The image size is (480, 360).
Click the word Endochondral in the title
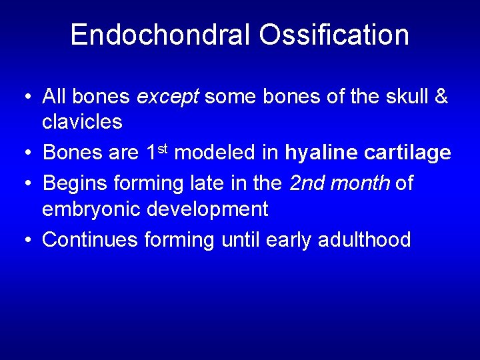pos(160,35)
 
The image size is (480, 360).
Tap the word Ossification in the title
pos(334,35)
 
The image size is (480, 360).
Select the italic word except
pos(167,97)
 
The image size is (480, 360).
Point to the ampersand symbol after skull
pos(441,97)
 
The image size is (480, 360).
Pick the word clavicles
pos(82,121)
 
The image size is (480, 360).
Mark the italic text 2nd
pos(309,183)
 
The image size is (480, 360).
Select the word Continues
pos(90,239)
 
